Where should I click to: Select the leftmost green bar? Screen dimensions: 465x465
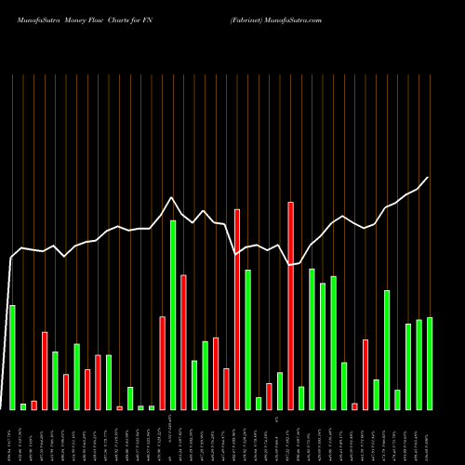click(12, 357)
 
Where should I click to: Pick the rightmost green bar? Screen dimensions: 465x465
click(430, 363)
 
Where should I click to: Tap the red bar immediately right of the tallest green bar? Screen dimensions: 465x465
click(183, 341)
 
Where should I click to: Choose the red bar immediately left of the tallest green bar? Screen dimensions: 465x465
click(162, 363)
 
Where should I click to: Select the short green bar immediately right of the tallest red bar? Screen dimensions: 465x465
click(301, 397)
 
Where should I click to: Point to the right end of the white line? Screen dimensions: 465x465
click(429, 177)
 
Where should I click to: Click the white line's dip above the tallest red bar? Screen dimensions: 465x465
click(290, 265)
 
